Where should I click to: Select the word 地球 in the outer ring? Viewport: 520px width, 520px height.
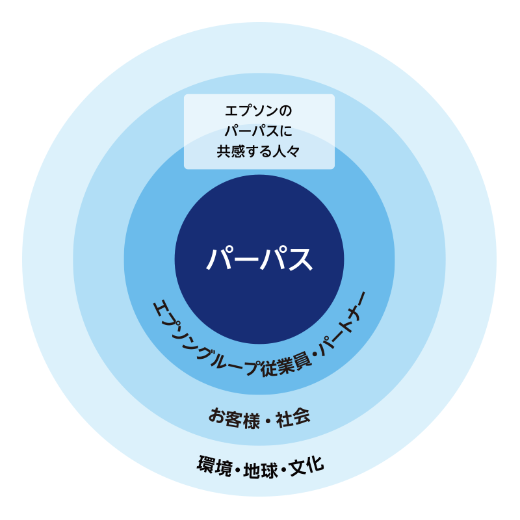tap(261, 468)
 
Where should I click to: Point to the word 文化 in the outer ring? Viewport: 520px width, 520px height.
tap(306, 466)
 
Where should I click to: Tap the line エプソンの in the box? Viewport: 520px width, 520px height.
tap(259, 110)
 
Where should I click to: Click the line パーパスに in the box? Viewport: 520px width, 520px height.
tap(259, 131)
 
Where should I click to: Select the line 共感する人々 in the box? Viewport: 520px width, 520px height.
tap(259, 151)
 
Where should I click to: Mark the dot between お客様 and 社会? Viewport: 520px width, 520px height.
tap(266, 418)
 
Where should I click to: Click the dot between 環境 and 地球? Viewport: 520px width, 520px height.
tap(238, 469)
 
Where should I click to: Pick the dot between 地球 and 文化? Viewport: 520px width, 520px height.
tap(284, 469)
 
